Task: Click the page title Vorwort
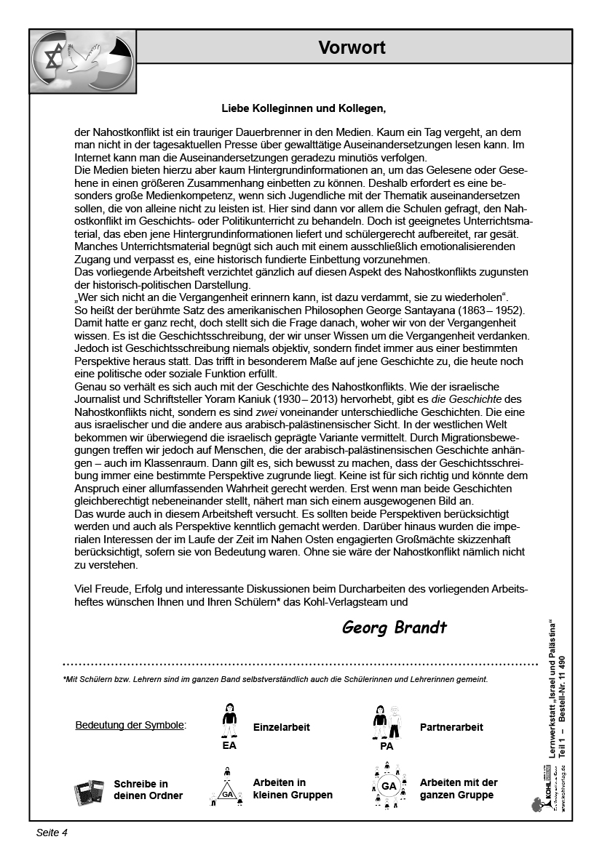tap(352, 48)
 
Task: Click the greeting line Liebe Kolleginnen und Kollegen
tap(303, 109)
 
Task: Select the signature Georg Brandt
tap(394, 627)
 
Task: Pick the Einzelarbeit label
tap(282, 726)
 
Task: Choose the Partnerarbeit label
tap(451, 726)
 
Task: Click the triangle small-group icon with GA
tap(228, 788)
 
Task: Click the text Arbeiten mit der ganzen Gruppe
tap(459, 789)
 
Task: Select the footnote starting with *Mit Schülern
tap(275, 680)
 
